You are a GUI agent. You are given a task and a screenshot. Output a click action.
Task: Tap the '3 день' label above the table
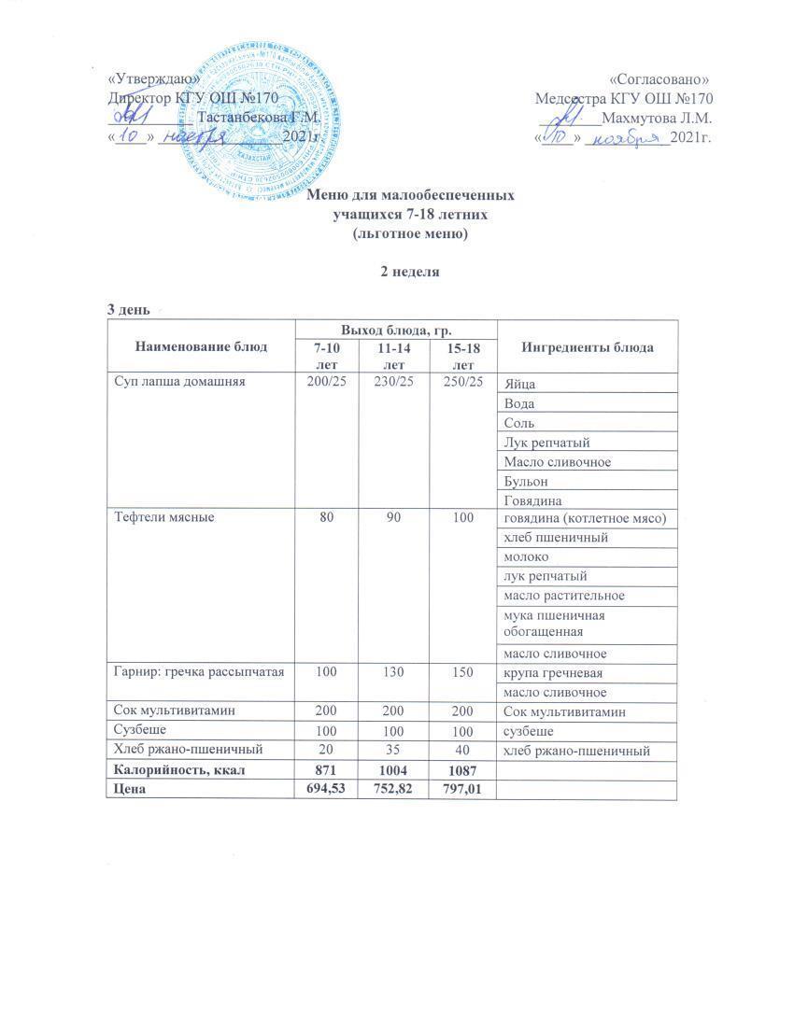(x=127, y=309)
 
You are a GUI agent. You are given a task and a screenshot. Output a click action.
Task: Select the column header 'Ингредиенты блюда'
(x=588, y=347)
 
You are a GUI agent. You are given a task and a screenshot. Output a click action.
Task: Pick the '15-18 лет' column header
(x=460, y=355)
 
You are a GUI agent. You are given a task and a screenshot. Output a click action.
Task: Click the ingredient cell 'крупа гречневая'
(x=546, y=673)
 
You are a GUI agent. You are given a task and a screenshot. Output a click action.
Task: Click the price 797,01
(x=460, y=790)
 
